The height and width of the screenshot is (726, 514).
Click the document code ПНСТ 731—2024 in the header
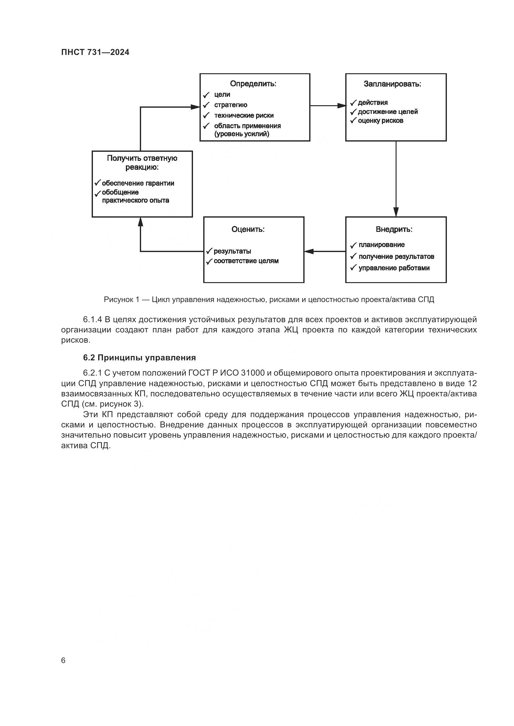[x=95, y=52]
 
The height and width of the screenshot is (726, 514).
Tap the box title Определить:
[x=253, y=84]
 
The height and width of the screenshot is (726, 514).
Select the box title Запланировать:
[x=392, y=84]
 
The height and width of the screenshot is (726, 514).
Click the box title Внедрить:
[x=394, y=229]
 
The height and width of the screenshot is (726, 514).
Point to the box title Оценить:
[x=248, y=229]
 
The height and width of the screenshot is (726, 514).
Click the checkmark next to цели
[x=206, y=95]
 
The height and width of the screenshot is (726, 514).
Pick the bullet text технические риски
[x=244, y=115]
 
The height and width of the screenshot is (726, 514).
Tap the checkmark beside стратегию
[x=206, y=105]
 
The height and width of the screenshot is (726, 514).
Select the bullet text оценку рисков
[x=380, y=120]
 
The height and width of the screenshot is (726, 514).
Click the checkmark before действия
[x=353, y=103]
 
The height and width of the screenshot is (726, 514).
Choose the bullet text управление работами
[x=394, y=268]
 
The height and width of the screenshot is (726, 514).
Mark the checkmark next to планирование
[x=353, y=245]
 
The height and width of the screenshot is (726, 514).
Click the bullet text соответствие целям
[x=246, y=261]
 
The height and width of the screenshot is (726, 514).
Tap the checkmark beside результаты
[x=209, y=251]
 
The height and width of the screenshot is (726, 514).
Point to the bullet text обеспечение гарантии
[x=138, y=183]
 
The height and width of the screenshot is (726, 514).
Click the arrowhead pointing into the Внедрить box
[x=396, y=212]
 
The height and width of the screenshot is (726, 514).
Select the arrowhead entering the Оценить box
[x=309, y=251]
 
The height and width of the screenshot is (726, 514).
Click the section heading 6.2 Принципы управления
[x=139, y=358]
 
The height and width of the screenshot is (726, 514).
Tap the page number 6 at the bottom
[x=63, y=661]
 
